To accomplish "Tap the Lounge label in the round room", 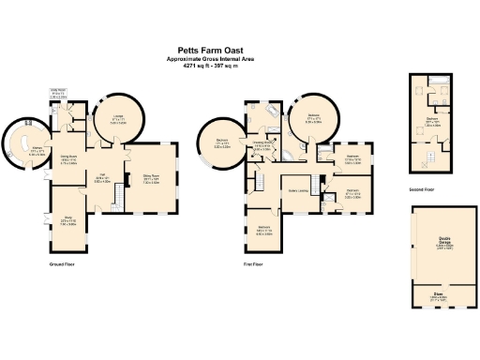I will point(118,118).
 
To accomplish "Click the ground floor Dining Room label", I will point(69,157).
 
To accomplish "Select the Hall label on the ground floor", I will point(101,175).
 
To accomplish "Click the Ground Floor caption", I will point(63,265).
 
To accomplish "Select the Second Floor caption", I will point(422,188).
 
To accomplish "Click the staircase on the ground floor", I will point(119,197).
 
